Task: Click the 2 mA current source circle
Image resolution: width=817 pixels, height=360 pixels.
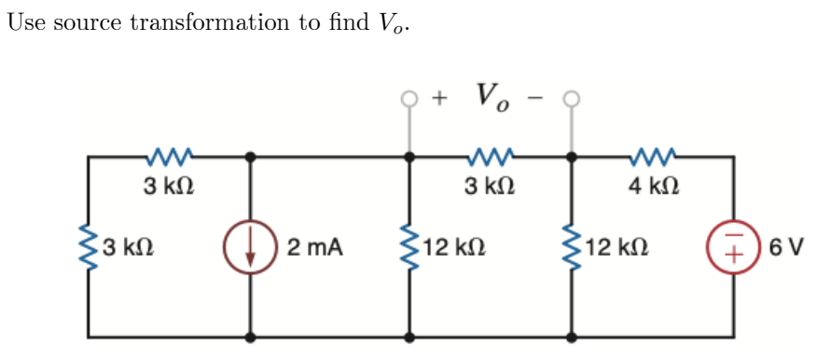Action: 250,248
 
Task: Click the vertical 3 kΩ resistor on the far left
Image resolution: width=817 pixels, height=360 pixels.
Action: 90,248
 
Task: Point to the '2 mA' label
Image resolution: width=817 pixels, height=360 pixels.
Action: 314,248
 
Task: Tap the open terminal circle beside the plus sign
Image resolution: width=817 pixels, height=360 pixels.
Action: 408,97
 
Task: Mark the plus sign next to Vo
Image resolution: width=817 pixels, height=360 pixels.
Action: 439,97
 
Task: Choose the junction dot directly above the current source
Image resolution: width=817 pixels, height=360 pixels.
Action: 250,158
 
